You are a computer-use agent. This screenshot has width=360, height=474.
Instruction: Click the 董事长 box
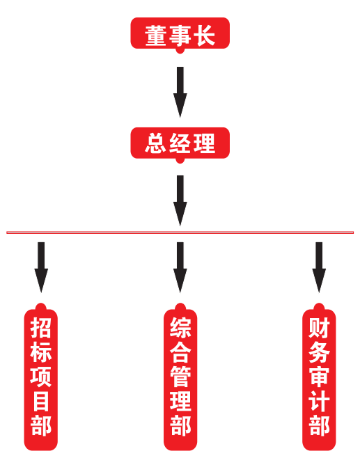click(180, 34)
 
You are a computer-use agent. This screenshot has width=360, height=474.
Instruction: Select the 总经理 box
click(180, 143)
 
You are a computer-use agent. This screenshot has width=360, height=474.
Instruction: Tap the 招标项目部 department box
click(41, 377)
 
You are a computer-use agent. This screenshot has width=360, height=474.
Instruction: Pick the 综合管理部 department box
click(180, 377)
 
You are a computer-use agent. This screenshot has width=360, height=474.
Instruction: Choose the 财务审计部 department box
click(319, 377)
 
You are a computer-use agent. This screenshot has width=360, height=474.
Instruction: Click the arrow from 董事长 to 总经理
click(180, 92)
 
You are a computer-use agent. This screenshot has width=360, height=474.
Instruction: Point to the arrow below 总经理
click(180, 200)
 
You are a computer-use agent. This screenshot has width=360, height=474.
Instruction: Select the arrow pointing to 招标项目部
click(41, 267)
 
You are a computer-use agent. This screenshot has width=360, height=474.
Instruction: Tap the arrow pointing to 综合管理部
click(180, 267)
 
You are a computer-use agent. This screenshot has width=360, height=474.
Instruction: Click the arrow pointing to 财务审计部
click(319, 267)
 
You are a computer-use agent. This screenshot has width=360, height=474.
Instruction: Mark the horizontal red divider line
click(180, 232)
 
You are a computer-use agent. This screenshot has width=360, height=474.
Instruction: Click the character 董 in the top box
click(155, 35)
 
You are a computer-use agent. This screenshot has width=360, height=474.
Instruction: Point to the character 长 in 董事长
click(205, 35)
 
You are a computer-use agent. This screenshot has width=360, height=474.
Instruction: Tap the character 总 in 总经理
click(155, 143)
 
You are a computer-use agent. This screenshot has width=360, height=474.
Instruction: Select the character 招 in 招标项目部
click(41, 327)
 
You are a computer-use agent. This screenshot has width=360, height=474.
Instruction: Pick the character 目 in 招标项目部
click(41, 401)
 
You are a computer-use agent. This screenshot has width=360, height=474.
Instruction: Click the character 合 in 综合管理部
click(180, 352)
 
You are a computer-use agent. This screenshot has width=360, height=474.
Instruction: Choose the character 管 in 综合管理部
click(180, 377)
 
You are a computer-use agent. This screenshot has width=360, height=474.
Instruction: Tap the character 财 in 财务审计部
click(319, 327)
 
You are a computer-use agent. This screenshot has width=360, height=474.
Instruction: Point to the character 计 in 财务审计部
click(319, 401)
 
